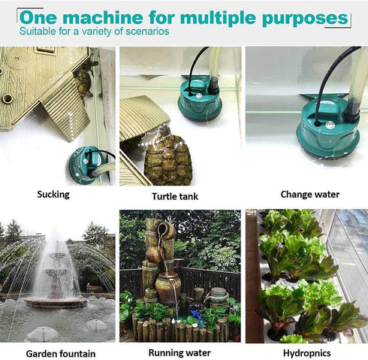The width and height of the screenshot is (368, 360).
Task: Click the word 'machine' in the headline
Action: coord(109,18)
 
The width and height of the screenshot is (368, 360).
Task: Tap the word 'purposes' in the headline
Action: coord(306,18)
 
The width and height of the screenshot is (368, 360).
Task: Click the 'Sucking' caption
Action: coord(53,195)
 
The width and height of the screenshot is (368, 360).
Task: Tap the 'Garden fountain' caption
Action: coord(61,353)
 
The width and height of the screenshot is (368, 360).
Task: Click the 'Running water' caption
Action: coord(179,352)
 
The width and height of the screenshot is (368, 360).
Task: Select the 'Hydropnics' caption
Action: coord(306,352)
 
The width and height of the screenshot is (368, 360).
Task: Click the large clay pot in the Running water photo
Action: coord(168,287)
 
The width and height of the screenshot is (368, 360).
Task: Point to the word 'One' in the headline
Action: coord(39,18)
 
